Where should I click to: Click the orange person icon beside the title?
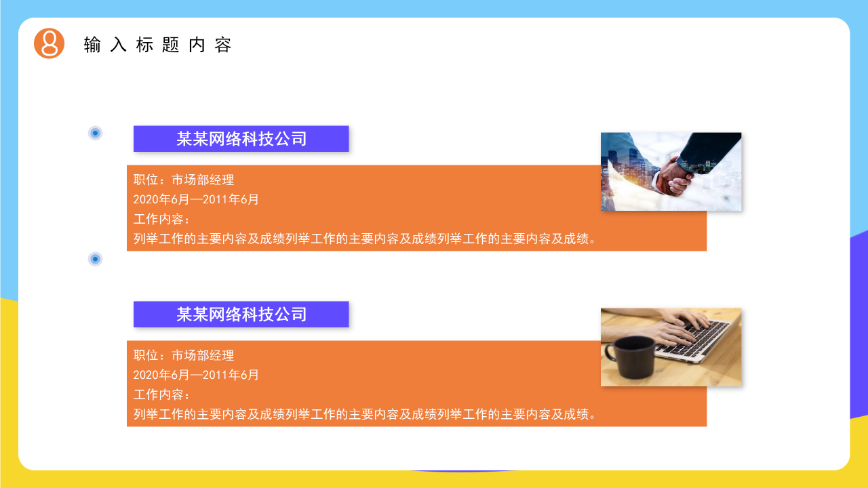pos(49,43)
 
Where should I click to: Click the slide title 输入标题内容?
pos(158,45)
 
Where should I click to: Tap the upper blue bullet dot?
pos(96,133)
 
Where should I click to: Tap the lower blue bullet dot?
pos(96,259)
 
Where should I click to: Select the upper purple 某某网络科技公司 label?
pos(241,139)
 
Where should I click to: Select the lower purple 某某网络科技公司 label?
pos(241,314)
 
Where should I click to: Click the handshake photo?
pos(671,171)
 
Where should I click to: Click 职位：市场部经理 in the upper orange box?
pos(184,180)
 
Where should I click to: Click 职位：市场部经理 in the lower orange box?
pos(184,355)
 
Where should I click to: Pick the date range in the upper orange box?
pos(196,199)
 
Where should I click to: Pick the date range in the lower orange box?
pos(196,375)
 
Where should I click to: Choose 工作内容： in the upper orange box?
pos(162,219)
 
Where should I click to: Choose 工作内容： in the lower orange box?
pos(162,394)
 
